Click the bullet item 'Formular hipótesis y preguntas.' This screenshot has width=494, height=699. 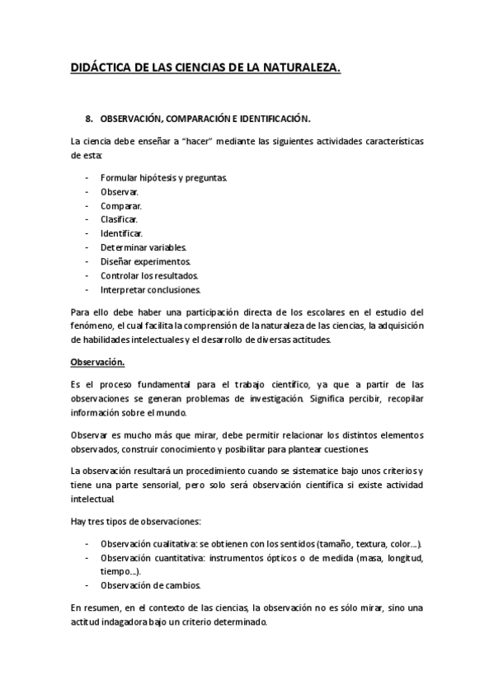[164, 177]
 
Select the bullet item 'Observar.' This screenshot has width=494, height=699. [120, 191]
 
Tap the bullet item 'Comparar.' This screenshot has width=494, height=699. [121, 205]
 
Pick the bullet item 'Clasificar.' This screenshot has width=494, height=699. [120, 219]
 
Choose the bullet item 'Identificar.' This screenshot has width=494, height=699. [121, 233]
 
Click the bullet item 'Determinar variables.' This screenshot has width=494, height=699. [143, 247]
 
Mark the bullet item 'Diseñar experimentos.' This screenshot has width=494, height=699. [145, 261]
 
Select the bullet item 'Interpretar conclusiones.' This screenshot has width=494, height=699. [151, 289]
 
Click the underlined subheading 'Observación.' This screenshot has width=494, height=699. [97, 361]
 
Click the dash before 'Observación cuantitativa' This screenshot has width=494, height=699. [87, 558]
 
